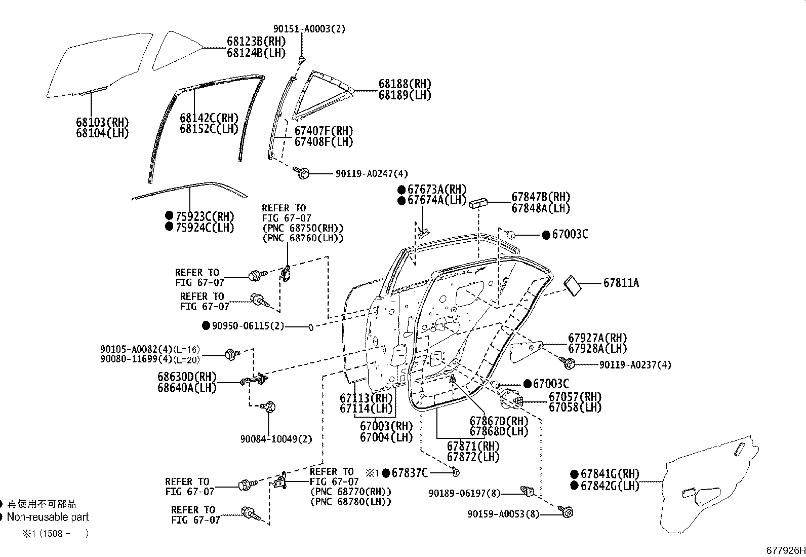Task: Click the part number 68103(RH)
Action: [x=102, y=122]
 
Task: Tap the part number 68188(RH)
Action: [x=405, y=84]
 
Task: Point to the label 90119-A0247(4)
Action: [x=372, y=173]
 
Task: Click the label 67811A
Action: [x=621, y=283]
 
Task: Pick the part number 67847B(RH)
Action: [x=540, y=197]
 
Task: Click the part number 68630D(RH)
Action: [x=187, y=377]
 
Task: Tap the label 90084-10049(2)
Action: [x=276, y=439]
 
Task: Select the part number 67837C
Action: [x=410, y=473]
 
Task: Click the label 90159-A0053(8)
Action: [x=503, y=514]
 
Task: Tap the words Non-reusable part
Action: [x=48, y=517]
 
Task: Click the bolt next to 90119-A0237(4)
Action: [x=568, y=362]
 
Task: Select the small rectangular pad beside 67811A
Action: [x=574, y=285]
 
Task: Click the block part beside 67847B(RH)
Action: [x=478, y=203]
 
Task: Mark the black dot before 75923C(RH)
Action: [x=169, y=215]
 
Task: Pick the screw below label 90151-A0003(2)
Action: [x=302, y=61]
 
